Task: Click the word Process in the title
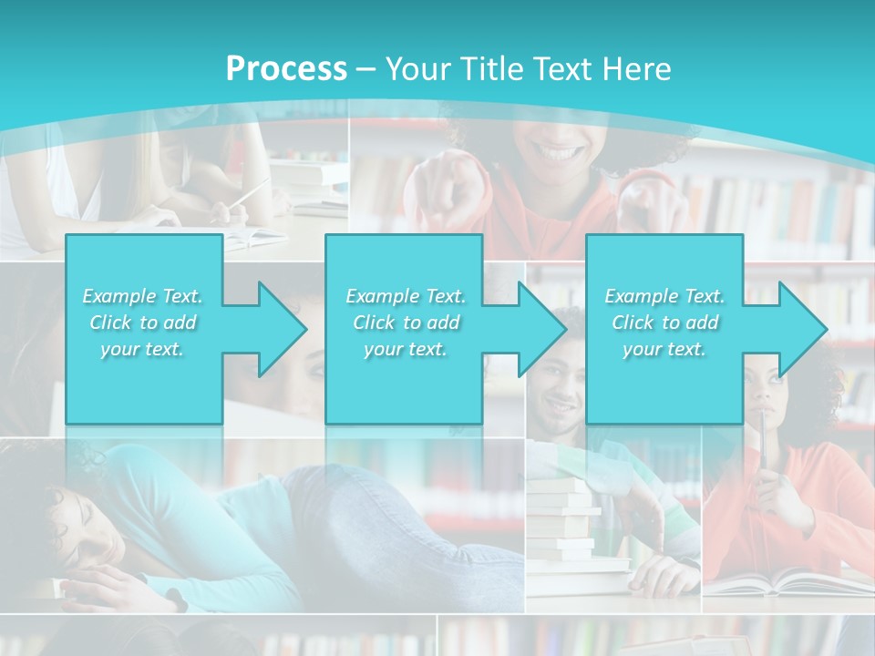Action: pyautogui.click(x=286, y=69)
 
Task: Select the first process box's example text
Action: pyautogui.click(x=142, y=323)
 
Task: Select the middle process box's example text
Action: pyautogui.click(x=406, y=323)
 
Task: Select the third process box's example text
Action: pyautogui.click(x=664, y=323)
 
